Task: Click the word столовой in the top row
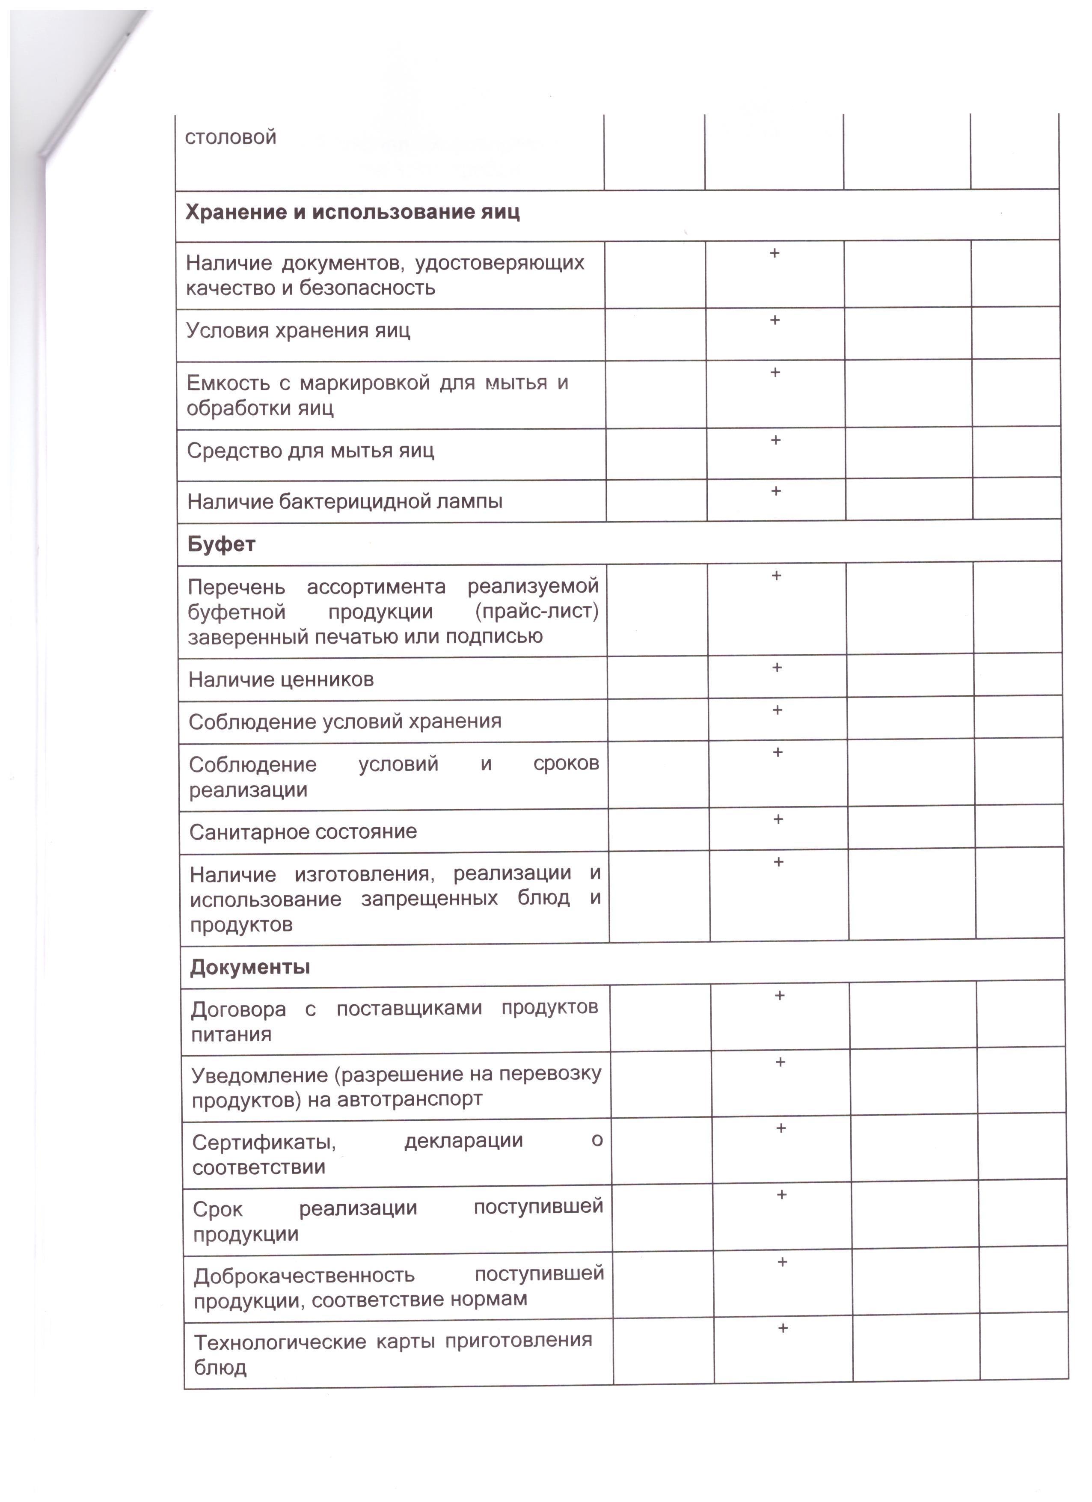pyautogui.click(x=231, y=138)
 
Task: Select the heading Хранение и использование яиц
pyautogui.click(x=352, y=213)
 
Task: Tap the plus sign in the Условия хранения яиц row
pyautogui.click(x=774, y=321)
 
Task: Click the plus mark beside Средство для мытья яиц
pyautogui.click(x=775, y=440)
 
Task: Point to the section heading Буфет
pyautogui.click(x=221, y=544)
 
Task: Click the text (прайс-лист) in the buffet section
pyautogui.click(x=537, y=611)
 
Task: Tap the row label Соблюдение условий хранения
pyautogui.click(x=345, y=721)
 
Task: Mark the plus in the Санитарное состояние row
pyautogui.click(x=777, y=819)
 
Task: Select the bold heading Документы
pyautogui.click(x=250, y=968)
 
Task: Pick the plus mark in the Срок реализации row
pyautogui.click(x=781, y=1195)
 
